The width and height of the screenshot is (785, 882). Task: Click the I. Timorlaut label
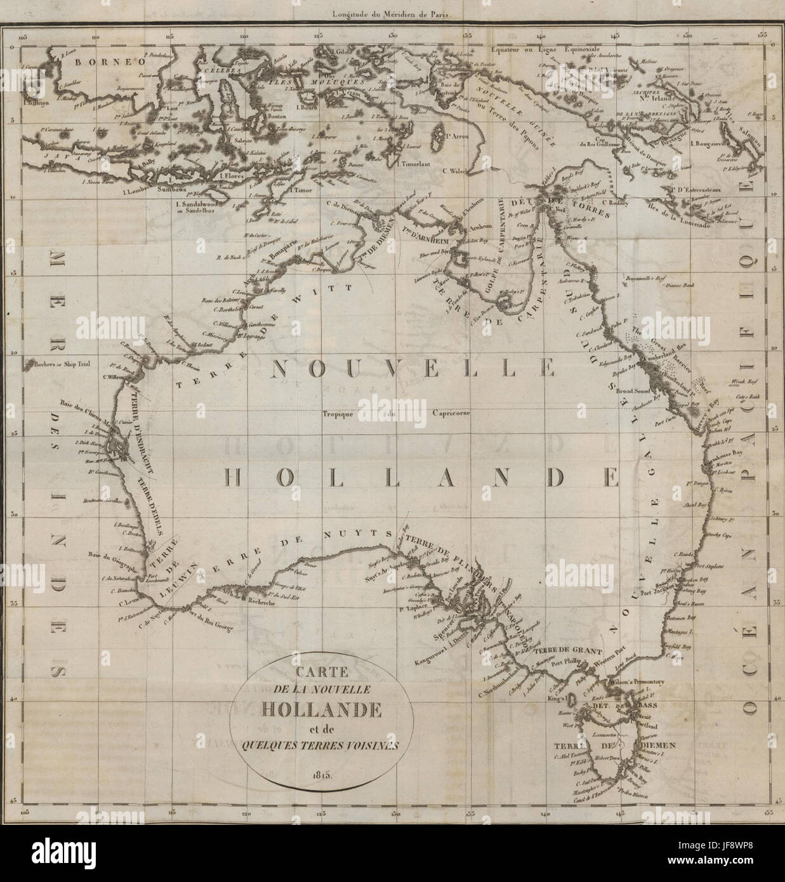pyautogui.click(x=413, y=163)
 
